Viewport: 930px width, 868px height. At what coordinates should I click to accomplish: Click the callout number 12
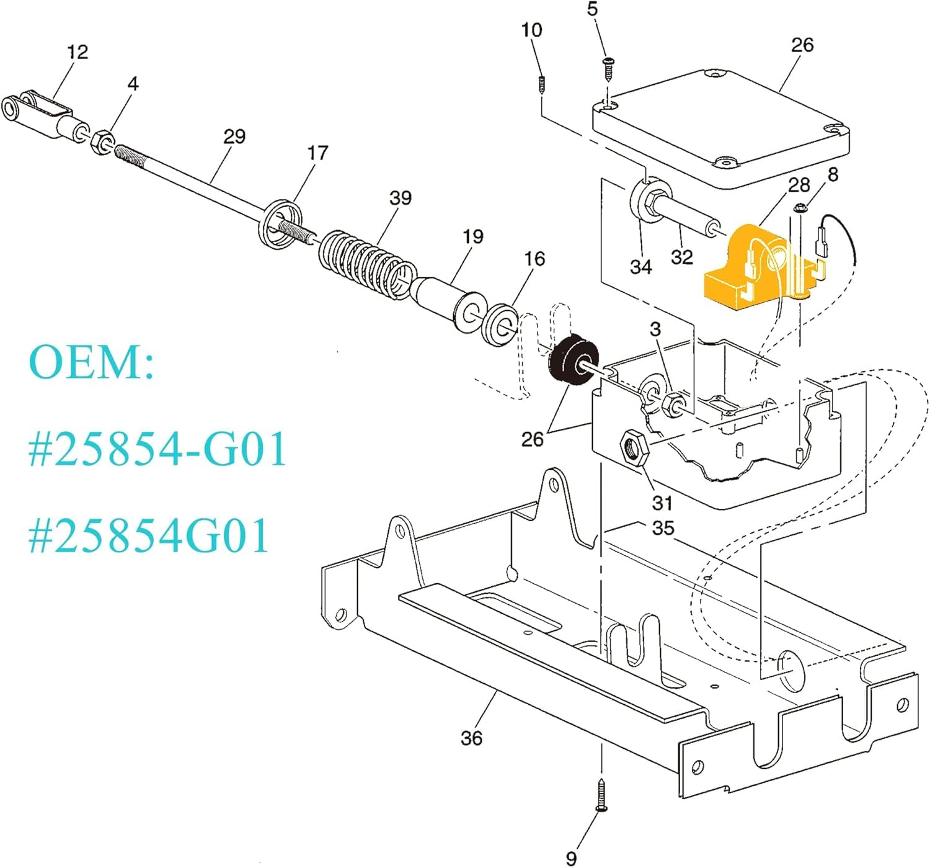pos(77,51)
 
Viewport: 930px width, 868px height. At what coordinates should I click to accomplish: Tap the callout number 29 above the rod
pos(234,136)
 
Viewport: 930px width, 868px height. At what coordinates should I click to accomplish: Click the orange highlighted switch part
pos(765,267)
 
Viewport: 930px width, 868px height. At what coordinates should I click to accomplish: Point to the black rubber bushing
pos(573,358)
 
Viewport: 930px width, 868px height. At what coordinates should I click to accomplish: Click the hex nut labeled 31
pos(634,447)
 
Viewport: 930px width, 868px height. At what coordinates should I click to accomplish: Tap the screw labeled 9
pos(601,795)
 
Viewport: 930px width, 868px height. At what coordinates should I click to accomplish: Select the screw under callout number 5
pos(608,69)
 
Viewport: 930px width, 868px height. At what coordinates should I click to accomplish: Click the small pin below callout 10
pos(542,85)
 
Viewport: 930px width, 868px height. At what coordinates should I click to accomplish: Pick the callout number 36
pos(471,738)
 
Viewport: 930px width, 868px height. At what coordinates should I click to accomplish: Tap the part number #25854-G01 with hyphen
pos(157,449)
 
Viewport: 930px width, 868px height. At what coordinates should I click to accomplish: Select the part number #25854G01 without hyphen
pos(148,535)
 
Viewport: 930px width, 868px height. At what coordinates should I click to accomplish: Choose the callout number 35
pos(663,528)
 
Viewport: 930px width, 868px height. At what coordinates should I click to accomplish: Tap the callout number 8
pos(833,174)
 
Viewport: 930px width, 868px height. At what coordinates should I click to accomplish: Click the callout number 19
pos(473,236)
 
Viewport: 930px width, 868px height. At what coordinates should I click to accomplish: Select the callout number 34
pos(641,267)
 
